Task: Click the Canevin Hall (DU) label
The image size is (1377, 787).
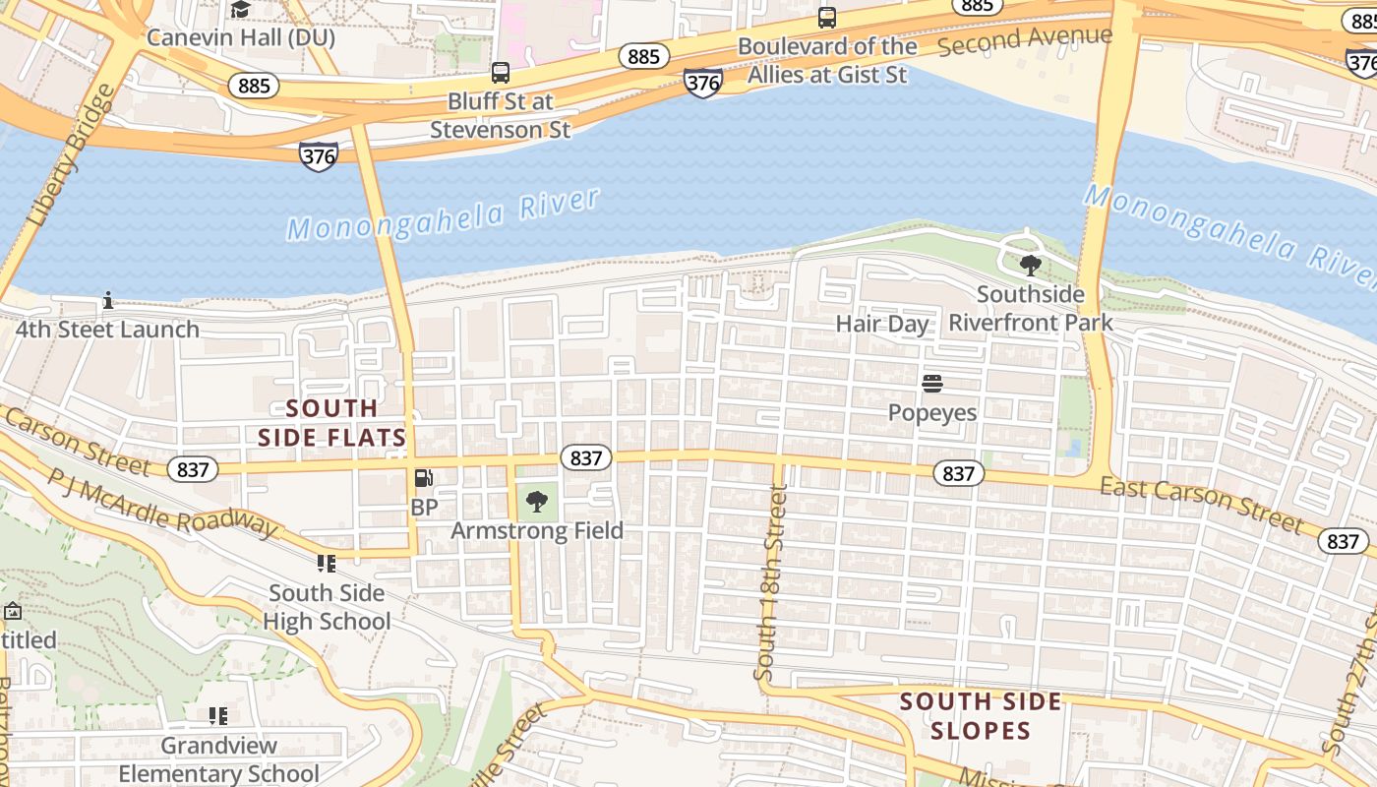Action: pyautogui.click(x=241, y=38)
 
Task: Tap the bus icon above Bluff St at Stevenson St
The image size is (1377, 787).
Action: pyautogui.click(x=501, y=72)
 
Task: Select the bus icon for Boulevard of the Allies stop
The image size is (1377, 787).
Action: pyautogui.click(x=827, y=17)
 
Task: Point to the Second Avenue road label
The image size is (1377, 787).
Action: pyautogui.click(x=1025, y=40)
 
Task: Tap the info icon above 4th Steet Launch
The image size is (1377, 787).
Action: pyautogui.click(x=108, y=300)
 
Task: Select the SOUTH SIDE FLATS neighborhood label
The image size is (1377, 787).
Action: pyautogui.click(x=332, y=423)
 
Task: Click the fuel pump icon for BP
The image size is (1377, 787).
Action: pyautogui.click(x=424, y=478)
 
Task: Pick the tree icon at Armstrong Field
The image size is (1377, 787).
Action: pyautogui.click(x=537, y=502)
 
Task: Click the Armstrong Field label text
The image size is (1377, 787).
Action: pyautogui.click(x=537, y=531)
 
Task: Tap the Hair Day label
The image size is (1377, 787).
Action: pyautogui.click(x=882, y=324)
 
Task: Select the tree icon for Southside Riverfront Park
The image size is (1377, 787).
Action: pyautogui.click(x=1030, y=265)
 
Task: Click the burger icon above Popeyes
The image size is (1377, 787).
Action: pyautogui.click(x=932, y=383)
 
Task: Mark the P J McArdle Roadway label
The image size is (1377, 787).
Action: pyautogui.click(x=162, y=503)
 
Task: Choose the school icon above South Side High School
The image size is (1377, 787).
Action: pyautogui.click(x=326, y=564)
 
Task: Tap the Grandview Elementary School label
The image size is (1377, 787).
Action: pyautogui.click(x=219, y=759)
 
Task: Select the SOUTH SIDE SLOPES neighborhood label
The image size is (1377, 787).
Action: pyautogui.click(x=981, y=716)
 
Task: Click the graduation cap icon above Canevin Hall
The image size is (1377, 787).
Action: pyautogui.click(x=240, y=10)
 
